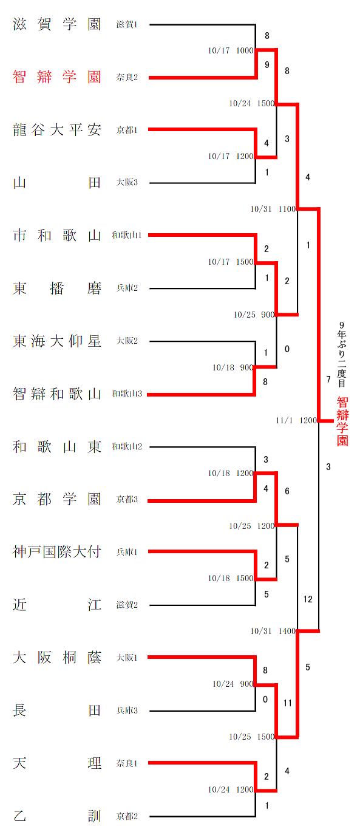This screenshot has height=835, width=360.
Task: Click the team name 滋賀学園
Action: pyautogui.click(x=56, y=24)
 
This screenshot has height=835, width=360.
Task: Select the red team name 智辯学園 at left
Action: pyautogui.click(x=56, y=77)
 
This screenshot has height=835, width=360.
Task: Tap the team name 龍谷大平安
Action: pyautogui.click(x=56, y=130)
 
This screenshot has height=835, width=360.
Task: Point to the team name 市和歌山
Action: pyautogui.click(x=56, y=235)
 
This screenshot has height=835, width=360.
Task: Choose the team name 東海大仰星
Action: pyautogui.click(x=56, y=341)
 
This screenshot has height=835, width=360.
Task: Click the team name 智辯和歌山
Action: pyautogui.click(x=56, y=394)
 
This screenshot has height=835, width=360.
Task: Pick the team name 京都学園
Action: pyautogui.click(x=56, y=499)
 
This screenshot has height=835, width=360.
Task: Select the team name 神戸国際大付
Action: pyautogui.click(x=56, y=551)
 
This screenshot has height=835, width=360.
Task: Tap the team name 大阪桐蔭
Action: pyautogui.click(x=56, y=657)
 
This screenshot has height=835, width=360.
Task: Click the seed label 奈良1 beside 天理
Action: pyautogui.click(x=127, y=763)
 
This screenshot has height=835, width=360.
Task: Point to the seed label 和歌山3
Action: pyautogui.click(x=127, y=394)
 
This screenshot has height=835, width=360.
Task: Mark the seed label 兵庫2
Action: pyautogui.click(x=127, y=288)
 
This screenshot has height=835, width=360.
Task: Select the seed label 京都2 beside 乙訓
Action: pyautogui.click(x=127, y=816)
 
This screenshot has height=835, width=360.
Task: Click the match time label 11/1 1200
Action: pyautogui.click(x=296, y=420)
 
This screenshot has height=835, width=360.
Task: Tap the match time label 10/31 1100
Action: pyautogui.click(x=273, y=209)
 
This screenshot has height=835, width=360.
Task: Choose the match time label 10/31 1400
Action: pyautogui.click(x=273, y=631)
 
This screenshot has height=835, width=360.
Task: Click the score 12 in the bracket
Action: pyautogui.click(x=308, y=599)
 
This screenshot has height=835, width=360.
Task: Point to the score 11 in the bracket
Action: pyautogui.click(x=287, y=703)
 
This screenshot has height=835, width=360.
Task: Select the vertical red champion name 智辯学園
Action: pyautogui.click(x=342, y=421)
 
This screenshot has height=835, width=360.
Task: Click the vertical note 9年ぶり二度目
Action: pyautogui.click(x=342, y=355)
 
